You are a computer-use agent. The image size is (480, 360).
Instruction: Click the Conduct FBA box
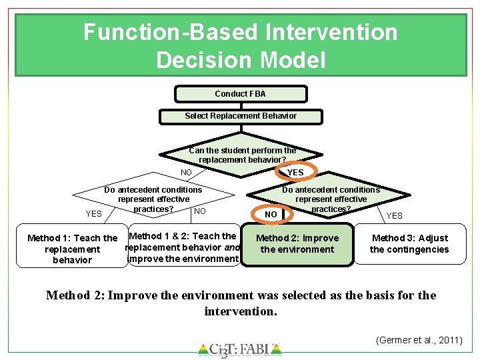pyautogui.click(x=240, y=94)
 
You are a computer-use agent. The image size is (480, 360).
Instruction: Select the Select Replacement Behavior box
pyautogui.click(x=240, y=116)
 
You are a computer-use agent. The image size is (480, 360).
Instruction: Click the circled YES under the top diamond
pyautogui.click(x=295, y=172)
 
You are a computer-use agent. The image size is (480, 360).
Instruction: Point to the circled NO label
pyautogui.click(x=271, y=214)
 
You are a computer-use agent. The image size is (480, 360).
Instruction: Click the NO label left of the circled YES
pyautogui.click(x=187, y=173)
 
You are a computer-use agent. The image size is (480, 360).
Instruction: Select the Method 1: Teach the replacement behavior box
pyautogui.click(x=72, y=249)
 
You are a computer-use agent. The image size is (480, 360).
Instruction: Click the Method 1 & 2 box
pyautogui.click(x=183, y=247)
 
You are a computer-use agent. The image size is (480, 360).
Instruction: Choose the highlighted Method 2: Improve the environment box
pyautogui.click(x=297, y=244)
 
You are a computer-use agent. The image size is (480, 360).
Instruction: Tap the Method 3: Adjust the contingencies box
pyautogui.click(x=409, y=244)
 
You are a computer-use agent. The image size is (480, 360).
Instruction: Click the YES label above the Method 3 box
pyautogui.click(x=395, y=215)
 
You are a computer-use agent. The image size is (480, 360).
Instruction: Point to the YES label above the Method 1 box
pyautogui.click(x=94, y=214)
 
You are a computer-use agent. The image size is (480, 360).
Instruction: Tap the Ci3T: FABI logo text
pyautogui.click(x=239, y=348)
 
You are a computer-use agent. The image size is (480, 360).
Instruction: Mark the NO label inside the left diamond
pyautogui.click(x=199, y=212)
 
